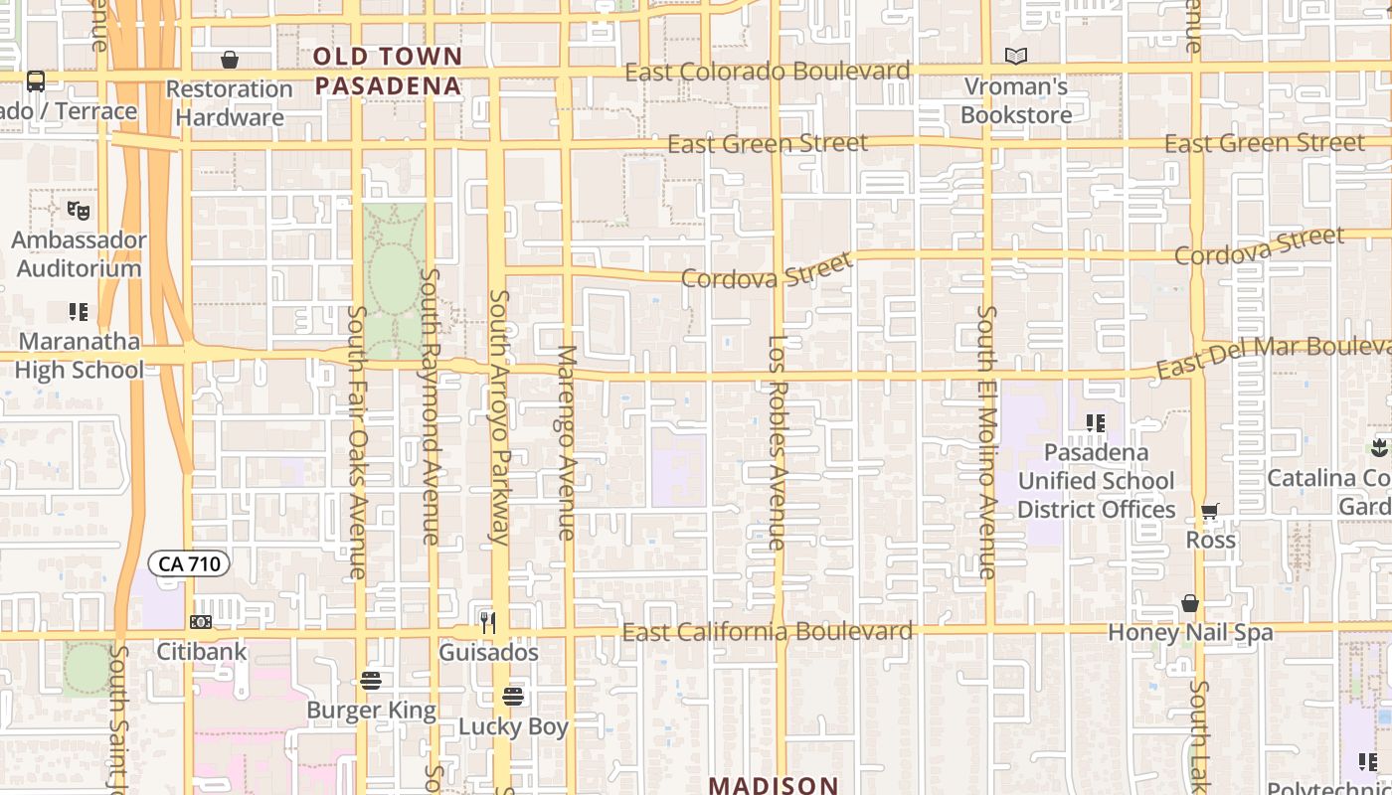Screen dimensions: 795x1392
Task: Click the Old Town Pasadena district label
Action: click(389, 71)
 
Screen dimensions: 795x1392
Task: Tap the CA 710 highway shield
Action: click(189, 564)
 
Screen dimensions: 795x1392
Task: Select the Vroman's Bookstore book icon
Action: click(1016, 57)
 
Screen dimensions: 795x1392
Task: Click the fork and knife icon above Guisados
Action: click(488, 623)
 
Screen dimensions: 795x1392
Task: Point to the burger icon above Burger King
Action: click(371, 681)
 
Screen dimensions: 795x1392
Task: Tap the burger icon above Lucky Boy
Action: click(513, 696)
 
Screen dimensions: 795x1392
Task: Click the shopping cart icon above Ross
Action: click(1210, 512)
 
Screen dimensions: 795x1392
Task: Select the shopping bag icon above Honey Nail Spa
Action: click(1190, 603)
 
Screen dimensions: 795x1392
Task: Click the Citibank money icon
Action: click(201, 622)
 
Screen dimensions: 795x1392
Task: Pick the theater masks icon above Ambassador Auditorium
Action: click(79, 211)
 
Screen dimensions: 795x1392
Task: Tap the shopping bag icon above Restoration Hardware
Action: click(230, 60)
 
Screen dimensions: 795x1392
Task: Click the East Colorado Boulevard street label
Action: click(767, 72)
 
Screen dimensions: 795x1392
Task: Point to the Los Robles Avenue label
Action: click(778, 442)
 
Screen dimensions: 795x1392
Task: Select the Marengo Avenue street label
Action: click(567, 442)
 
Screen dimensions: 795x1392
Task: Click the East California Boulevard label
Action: click(767, 632)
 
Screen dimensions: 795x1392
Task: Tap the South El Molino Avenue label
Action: click(986, 442)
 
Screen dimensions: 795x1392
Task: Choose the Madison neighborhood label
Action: click(774, 785)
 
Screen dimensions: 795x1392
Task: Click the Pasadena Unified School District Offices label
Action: click(1096, 481)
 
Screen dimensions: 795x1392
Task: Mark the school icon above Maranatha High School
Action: click(79, 312)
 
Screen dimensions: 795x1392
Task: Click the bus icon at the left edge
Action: click(36, 80)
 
